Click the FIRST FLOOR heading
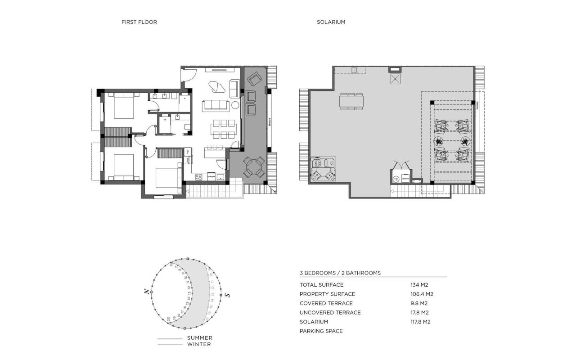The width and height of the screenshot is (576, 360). (x=139, y=22)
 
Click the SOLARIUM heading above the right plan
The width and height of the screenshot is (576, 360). (x=331, y=22)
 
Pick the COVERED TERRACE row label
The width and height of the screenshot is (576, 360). (x=326, y=303)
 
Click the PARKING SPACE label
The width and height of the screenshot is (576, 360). (x=321, y=331)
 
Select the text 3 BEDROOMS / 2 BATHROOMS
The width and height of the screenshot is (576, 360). (x=340, y=273)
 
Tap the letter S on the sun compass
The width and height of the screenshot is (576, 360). (x=228, y=295)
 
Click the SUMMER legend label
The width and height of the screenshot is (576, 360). (x=199, y=338)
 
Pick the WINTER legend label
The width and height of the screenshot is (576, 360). (x=198, y=344)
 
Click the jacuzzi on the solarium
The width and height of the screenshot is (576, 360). (x=323, y=169)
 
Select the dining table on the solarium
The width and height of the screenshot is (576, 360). (x=351, y=101)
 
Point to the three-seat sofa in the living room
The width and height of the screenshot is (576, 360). (x=216, y=105)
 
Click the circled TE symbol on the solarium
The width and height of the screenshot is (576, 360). (x=396, y=179)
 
